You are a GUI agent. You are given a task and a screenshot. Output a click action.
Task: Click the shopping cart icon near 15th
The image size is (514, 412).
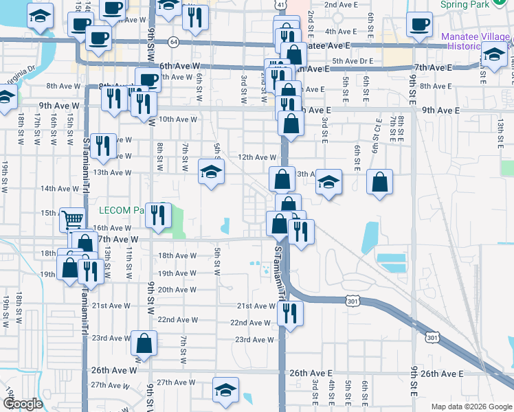pyautogui.click(x=72, y=220)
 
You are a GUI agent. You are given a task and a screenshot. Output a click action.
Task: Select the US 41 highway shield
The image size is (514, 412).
pyautogui.click(x=282, y=4)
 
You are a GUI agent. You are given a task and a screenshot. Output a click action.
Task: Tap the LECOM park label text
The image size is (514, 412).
pyautogui.click(x=121, y=210)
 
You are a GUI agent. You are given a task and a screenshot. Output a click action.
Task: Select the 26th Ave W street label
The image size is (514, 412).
pyautogui.click(x=114, y=370)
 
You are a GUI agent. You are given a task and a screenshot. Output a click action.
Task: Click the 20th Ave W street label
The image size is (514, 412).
pyautogui.click(x=178, y=290)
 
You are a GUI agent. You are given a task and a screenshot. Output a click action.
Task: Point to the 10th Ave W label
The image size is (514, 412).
pyautogui.click(x=178, y=119)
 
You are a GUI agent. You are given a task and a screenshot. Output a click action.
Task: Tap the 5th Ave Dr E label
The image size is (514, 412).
pyautogui.click(x=352, y=61)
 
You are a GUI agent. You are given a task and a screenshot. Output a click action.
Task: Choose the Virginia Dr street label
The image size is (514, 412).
pyautogui.click(x=21, y=72)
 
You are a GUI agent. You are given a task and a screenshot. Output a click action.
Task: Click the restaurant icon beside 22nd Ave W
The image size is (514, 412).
pyautogui.click(x=291, y=313)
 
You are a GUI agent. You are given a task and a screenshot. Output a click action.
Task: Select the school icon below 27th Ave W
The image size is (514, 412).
pyautogui.click(x=226, y=390)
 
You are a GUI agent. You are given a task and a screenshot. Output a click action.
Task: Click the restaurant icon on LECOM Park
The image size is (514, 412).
pyautogui.click(x=159, y=214)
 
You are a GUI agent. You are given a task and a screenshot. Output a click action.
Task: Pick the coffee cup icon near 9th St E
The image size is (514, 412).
pyautogui.click(x=419, y=24)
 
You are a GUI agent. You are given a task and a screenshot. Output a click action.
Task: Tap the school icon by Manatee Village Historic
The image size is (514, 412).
pyautogui.click(x=494, y=55)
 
